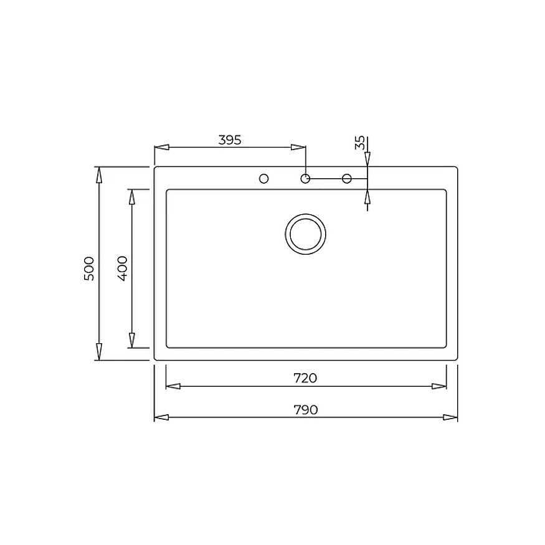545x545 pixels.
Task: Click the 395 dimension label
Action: pyautogui.click(x=229, y=140)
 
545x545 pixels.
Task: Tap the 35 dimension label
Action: pyautogui.click(x=360, y=143)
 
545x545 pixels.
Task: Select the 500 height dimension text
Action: pyautogui.click(x=89, y=268)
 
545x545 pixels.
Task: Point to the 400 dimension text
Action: pyautogui.click(x=123, y=268)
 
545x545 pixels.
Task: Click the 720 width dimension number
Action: pyautogui.click(x=305, y=378)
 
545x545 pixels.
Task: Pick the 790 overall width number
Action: pyautogui.click(x=306, y=410)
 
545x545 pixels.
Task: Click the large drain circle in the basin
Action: pyautogui.click(x=306, y=234)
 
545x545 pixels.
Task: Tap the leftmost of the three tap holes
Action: pyautogui.click(x=264, y=179)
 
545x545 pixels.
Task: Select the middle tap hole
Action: pyautogui.click(x=305, y=179)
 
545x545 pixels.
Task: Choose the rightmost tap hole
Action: pyautogui.click(x=347, y=179)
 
